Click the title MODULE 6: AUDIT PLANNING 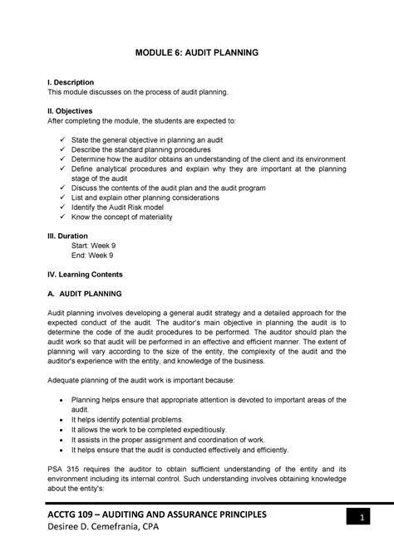[x=197, y=52]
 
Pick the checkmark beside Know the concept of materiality [x=62, y=217]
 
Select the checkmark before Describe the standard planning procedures [x=62, y=149]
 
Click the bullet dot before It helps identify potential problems [x=63, y=421]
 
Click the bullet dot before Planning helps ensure [x=63, y=399]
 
